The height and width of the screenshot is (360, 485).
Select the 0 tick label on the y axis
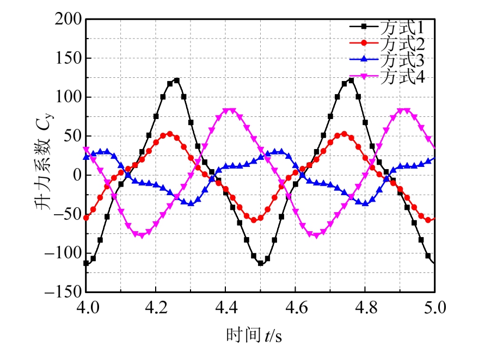(x=76, y=175)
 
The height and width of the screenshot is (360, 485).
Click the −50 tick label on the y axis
(x=66, y=214)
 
